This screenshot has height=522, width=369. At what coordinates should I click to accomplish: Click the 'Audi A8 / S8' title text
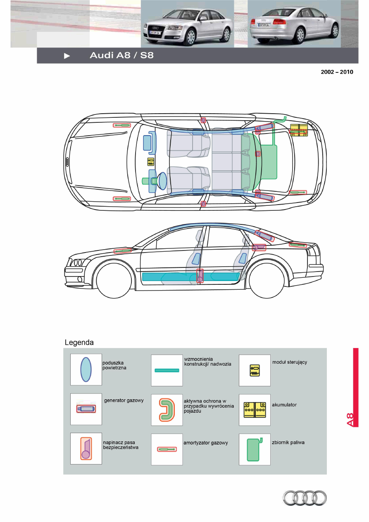click(x=121, y=55)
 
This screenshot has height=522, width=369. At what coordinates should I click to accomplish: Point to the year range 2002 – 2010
click(x=337, y=72)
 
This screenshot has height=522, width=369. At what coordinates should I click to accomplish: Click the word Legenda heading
click(x=79, y=343)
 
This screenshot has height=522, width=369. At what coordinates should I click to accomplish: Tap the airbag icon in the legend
click(x=86, y=369)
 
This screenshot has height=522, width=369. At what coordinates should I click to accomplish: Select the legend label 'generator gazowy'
click(x=124, y=400)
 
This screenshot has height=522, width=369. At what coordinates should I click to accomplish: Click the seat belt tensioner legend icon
click(x=86, y=448)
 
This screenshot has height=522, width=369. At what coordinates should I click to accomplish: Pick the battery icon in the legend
click(x=255, y=410)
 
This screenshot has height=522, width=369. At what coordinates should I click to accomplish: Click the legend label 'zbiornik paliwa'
click(x=288, y=443)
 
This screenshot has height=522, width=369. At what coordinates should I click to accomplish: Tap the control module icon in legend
click(x=255, y=370)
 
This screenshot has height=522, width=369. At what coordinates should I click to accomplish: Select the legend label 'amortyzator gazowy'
click(x=205, y=443)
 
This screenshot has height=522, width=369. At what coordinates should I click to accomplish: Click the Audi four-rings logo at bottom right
click(x=305, y=498)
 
